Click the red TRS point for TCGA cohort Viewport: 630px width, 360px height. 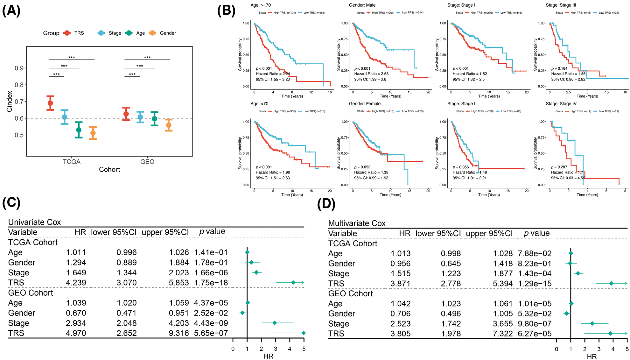[50, 103]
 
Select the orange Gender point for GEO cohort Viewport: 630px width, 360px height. [169, 125]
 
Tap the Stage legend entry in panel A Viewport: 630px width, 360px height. [115, 33]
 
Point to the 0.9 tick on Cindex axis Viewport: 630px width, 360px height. [19, 68]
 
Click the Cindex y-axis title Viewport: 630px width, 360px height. [10, 101]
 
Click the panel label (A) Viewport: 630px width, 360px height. [11, 11]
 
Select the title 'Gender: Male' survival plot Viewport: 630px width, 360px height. [362, 5]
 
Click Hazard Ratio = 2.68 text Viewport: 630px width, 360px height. [371, 74]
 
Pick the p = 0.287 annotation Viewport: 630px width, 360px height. [559, 167]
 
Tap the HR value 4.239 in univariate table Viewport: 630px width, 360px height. [76, 283]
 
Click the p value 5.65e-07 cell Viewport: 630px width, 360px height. [211, 333]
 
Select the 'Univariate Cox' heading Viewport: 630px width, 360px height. [34, 222]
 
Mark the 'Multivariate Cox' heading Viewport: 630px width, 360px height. [357, 223]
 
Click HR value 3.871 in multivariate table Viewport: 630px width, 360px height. [400, 284]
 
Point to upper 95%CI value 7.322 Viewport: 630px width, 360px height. [503, 334]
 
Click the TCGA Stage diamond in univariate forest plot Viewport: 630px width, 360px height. [256, 272]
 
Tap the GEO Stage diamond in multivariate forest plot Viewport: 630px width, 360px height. [592, 323]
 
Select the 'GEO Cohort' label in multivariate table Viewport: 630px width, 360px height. [350, 293]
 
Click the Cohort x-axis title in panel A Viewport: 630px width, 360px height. [109, 169]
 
